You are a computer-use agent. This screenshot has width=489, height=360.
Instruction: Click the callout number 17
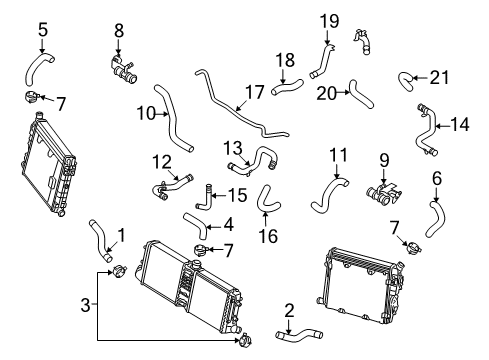pyautogui.click(x=254, y=92)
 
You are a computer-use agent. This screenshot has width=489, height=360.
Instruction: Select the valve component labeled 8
pyautogui.click(x=122, y=71)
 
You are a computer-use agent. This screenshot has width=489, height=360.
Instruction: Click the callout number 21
pyautogui.click(x=439, y=78)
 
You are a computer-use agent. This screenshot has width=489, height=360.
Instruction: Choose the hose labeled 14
pyautogui.click(x=426, y=130)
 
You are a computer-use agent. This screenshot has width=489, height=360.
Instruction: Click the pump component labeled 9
pyautogui.click(x=383, y=194)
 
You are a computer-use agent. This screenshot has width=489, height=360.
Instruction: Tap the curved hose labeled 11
pyautogui.click(x=328, y=195)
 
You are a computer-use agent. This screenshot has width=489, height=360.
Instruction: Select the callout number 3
pyautogui.click(x=85, y=304)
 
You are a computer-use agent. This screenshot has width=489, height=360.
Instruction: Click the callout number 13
pyautogui.click(x=233, y=148)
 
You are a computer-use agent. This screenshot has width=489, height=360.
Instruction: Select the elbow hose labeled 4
pyautogui.click(x=198, y=225)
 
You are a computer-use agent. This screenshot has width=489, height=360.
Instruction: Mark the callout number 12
pyautogui.click(x=162, y=162)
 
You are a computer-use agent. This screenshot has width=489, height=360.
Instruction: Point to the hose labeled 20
pyautogui.click(x=360, y=95)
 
